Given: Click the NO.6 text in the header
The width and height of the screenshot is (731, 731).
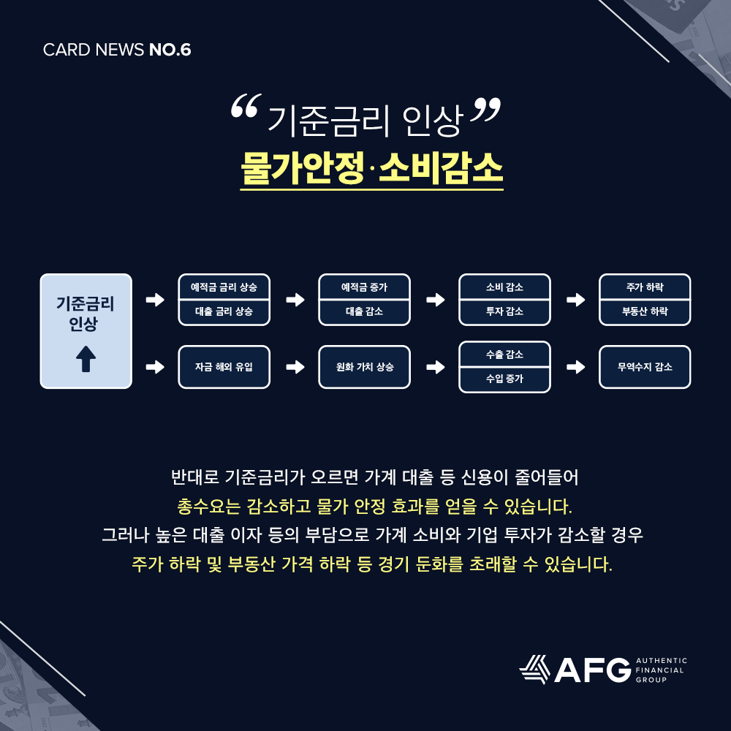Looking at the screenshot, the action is tap(170, 50).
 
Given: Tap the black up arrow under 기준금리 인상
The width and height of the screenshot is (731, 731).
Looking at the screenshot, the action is tap(86, 360).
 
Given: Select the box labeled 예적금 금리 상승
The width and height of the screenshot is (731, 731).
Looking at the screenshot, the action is tap(224, 287).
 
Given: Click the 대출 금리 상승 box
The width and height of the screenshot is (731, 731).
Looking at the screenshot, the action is tap(224, 311).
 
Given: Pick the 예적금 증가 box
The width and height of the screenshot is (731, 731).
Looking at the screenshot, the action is tap(364, 287).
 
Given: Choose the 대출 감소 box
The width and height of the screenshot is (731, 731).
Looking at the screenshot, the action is tap(364, 311).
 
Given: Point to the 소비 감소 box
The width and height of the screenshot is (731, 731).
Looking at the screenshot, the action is tap(504, 287).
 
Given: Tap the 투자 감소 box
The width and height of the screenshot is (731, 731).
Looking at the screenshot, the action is tap(504, 311).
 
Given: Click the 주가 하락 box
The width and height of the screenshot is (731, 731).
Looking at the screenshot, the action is tap(645, 287).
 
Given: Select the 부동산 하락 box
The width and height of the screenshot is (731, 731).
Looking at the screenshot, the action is tap(645, 311).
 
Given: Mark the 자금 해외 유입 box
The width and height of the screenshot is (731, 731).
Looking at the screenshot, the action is tap(224, 367).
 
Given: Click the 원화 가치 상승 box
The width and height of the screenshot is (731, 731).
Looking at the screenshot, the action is tap(364, 367).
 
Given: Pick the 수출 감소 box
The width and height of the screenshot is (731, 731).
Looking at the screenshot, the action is tap(504, 355).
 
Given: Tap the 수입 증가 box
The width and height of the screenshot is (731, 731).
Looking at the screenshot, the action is tap(504, 379).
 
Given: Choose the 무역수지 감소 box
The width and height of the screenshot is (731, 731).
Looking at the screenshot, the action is tap(645, 367).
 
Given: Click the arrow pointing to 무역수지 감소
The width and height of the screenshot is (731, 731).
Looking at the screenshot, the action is tap(575, 367).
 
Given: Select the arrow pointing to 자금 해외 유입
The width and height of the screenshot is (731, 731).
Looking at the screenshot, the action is tap(154, 367).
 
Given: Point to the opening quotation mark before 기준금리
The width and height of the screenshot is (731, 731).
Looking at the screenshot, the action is tap(244, 110).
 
